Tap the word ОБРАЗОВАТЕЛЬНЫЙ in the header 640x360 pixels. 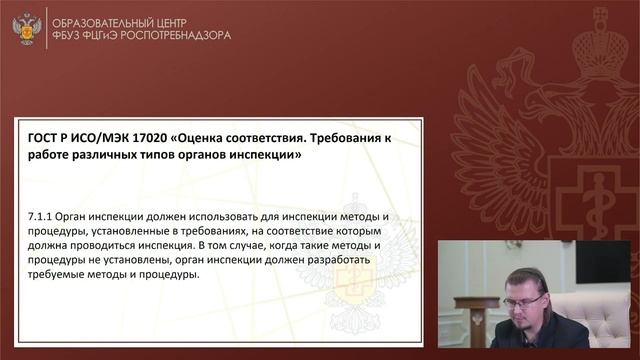coord(117,19)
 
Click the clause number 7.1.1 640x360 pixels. coord(44,217)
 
